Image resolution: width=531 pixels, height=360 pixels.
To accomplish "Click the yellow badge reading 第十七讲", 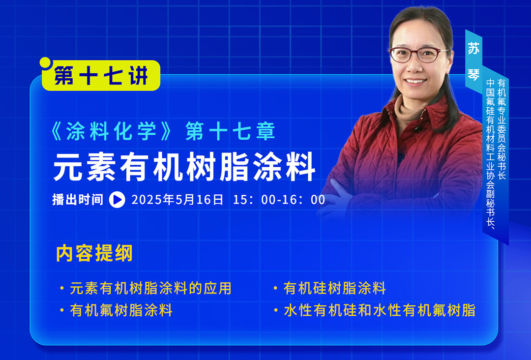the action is (101, 76).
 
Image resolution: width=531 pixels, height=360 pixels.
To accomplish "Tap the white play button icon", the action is (117, 200).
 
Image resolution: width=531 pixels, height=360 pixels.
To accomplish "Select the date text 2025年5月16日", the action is (177, 200).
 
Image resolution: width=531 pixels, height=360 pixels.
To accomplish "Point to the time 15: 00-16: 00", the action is (279, 200).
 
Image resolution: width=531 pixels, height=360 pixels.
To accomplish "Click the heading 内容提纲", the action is (94, 253).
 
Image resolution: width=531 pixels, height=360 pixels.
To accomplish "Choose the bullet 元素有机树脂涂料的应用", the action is (150, 288).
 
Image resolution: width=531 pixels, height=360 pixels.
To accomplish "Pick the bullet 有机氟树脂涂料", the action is (121, 310).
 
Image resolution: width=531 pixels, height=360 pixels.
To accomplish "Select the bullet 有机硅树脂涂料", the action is (335, 288).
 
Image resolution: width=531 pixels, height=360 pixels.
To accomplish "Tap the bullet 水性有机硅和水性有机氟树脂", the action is (380, 310).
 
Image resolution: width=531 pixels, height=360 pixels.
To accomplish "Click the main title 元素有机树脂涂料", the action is (184, 167).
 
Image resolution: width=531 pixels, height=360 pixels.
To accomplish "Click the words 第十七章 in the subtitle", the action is (230, 131).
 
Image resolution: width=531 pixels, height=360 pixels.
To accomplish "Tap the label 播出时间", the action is (78, 200).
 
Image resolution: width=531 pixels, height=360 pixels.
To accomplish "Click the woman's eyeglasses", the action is (418, 55).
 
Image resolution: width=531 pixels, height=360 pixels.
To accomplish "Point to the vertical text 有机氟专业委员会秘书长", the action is (501, 129).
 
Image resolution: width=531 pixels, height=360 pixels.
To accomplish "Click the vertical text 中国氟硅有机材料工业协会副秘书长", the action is (490, 154).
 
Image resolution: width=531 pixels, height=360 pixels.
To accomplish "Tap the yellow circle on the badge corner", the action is (45, 62).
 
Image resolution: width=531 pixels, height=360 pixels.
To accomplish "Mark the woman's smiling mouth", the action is (415, 81).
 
